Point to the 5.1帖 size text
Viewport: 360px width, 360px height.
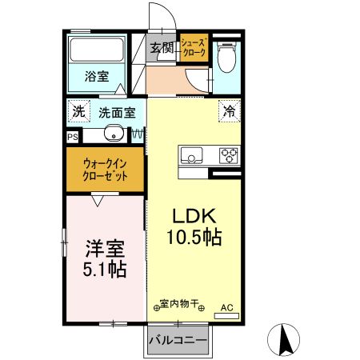(x=103, y=269)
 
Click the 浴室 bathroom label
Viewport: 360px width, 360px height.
(x=97, y=77)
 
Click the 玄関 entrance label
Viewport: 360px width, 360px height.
(x=162, y=48)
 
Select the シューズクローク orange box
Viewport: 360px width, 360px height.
(x=194, y=47)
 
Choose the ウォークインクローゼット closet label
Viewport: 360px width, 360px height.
(x=106, y=170)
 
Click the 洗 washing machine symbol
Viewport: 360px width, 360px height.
(x=78, y=112)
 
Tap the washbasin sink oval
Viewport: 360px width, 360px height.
(x=113, y=134)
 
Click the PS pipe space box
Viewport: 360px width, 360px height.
(x=73, y=137)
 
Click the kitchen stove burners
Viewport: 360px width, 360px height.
(x=229, y=154)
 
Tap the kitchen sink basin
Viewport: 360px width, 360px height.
(x=193, y=154)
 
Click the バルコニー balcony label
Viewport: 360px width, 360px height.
(x=178, y=341)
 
